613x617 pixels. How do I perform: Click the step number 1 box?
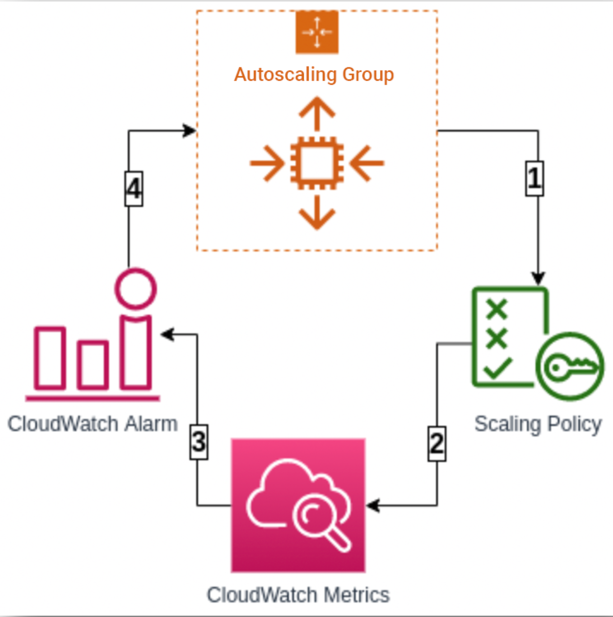pyautogui.click(x=534, y=179)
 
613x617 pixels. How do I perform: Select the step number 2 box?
pyautogui.click(x=437, y=443)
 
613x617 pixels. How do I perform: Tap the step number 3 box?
pyautogui.click(x=199, y=442)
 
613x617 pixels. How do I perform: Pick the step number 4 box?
pyautogui.click(x=134, y=189)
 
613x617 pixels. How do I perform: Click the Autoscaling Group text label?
pyautogui.click(x=314, y=74)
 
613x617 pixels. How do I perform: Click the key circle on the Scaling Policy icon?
pyautogui.click(x=570, y=367)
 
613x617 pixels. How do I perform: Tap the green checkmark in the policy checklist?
pyautogui.click(x=497, y=368)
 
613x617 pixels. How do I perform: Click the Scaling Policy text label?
pyautogui.click(x=538, y=424)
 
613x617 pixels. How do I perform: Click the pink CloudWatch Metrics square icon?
pyautogui.click(x=298, y=505)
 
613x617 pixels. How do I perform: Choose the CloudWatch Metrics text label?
pyautogui.click(x=298, y=595)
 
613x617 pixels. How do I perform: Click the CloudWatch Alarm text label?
pyautogui.click(x=93, y=424)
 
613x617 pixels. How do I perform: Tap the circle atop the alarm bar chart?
pyautogui.click(x=135, y=289)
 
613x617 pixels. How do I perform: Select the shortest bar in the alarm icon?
pyautogui.click(x=93, y=364)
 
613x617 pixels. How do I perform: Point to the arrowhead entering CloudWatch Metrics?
pyautogui.click(x=372, y=505)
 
